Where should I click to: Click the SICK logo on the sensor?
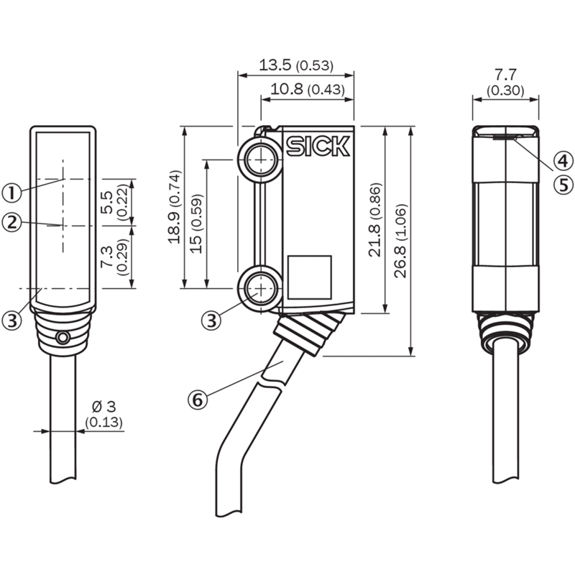(x=318, y=147)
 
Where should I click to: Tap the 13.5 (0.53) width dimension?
(x=296, y=65)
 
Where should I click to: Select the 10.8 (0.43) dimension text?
(x=308, y=89)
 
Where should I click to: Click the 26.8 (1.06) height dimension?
(x=401, y=241)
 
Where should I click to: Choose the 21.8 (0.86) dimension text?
(x=375, y=220)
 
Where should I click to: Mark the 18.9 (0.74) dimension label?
(x=174, y=207)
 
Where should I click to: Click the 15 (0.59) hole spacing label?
(x=196, y=224)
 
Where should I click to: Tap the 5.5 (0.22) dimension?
(x=114, y=202)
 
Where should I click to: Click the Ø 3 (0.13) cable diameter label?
(x=104, y=415)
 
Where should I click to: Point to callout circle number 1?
(x=11, y=193)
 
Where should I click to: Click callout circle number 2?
(x=11, y=222)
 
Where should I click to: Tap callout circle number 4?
(x=563, y=160)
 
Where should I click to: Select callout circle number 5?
(x=563, y=185)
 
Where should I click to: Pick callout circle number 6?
(x=198, y=400)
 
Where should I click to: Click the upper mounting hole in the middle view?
(x=261, y=160)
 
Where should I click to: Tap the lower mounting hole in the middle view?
(x=261, y=289)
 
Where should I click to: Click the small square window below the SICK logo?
(x=310, y=277)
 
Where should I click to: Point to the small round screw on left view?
(x=63, y=338)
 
